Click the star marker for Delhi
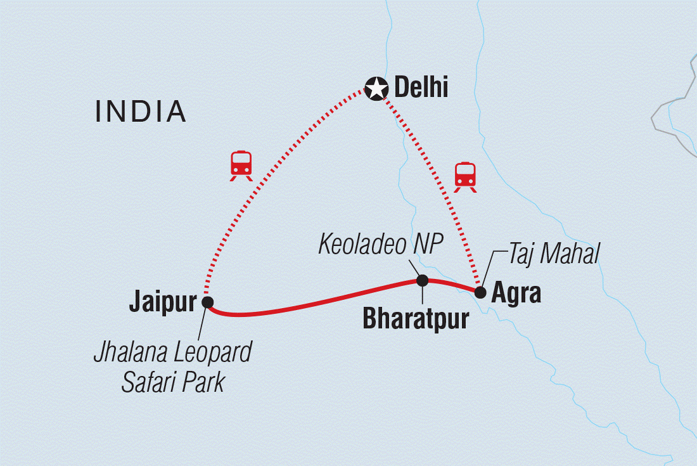click(376, 89)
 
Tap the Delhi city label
click(421, 88)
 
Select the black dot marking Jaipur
click(207, 302)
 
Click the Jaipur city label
click(163, 303)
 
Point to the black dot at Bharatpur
click(422, 280)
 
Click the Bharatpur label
click(416, 318)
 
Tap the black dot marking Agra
click(480, 292)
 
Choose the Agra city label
click(516, 294)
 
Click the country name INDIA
click(140, 112)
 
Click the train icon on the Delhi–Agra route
click(465, 176)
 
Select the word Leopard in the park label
click(212, 352)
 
